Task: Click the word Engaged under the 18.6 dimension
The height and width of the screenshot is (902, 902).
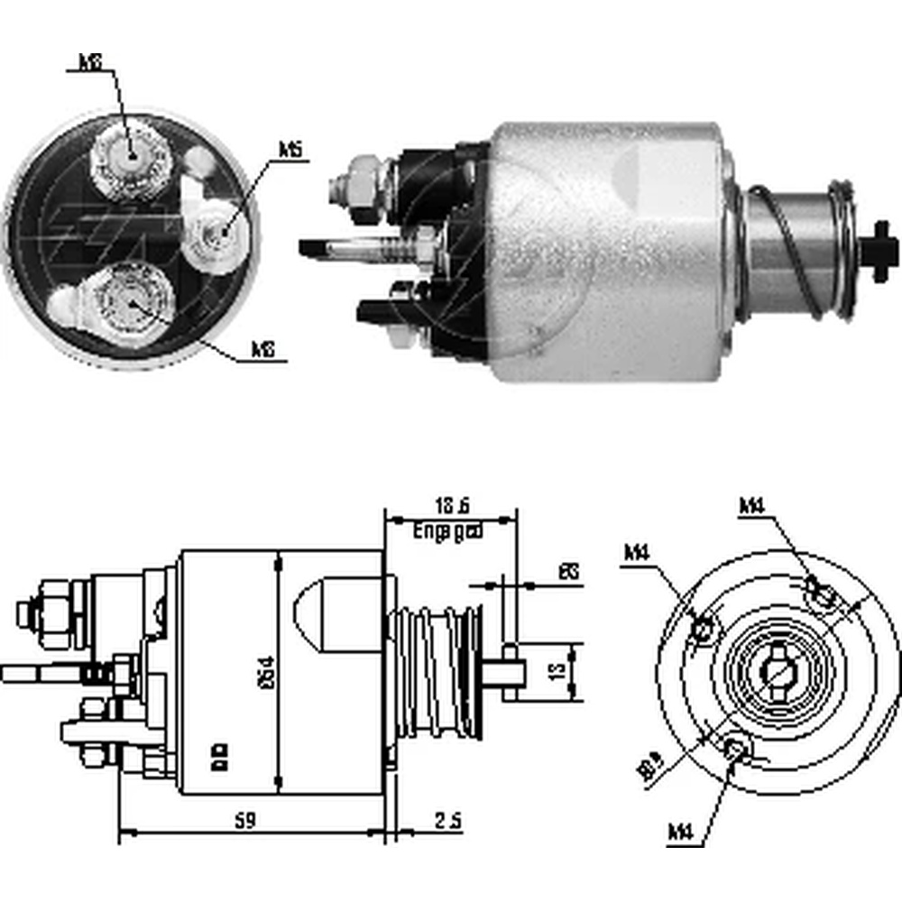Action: (x=448, y=531)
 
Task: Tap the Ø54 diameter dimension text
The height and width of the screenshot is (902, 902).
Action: (x=266, y=672)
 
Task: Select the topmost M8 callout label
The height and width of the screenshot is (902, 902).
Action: (x=89, y=62)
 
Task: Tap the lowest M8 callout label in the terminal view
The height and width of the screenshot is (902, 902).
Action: (x=262, y=348)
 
